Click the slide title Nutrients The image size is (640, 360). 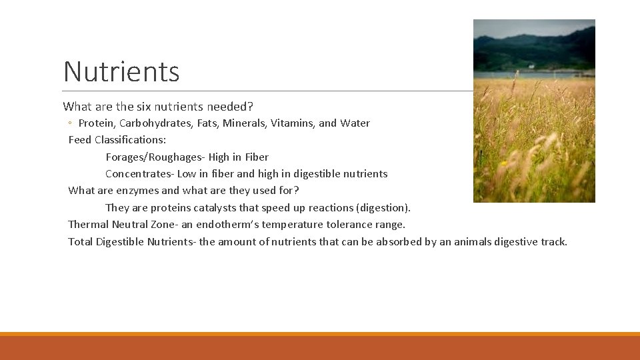(121, 71)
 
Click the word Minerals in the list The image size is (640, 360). (244, 123)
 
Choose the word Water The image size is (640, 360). (355, 123)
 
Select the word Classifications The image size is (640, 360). (130, 140)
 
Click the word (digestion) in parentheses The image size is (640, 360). (383, 208)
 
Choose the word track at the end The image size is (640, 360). (553, 242)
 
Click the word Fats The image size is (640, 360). (208, 123)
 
